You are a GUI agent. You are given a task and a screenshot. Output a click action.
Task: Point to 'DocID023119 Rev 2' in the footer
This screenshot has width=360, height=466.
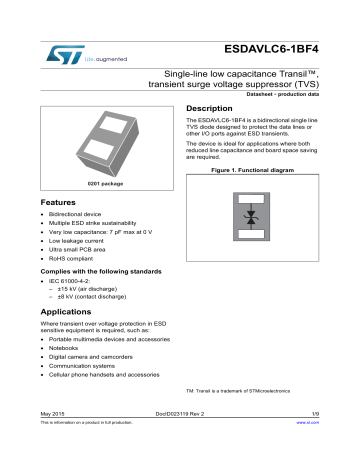coord(179,441)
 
